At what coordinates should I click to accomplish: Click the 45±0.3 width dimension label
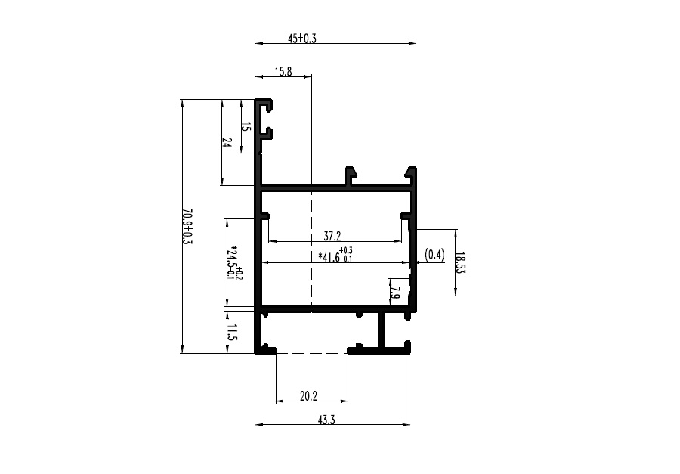(301, 39)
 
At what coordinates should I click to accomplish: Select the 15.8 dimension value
(283, 72)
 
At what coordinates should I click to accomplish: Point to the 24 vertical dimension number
(227, 142)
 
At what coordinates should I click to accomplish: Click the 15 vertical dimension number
(246, 127)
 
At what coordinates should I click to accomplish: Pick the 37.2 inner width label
(332, 236)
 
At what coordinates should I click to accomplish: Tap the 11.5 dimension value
(232, 333)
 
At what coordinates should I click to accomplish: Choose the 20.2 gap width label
(309, 396)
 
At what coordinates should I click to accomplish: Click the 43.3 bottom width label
(326, 420)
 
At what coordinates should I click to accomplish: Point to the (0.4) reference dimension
(434, 255)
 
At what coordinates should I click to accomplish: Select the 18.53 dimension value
(461, 262)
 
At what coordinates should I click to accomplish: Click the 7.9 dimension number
(394, 292)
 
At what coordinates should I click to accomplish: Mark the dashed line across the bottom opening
(312, 353)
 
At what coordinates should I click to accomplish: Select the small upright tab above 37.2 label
(351, 177)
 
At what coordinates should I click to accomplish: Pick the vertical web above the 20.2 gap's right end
(382, 330)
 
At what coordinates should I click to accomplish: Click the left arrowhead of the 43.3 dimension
(259, 425)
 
